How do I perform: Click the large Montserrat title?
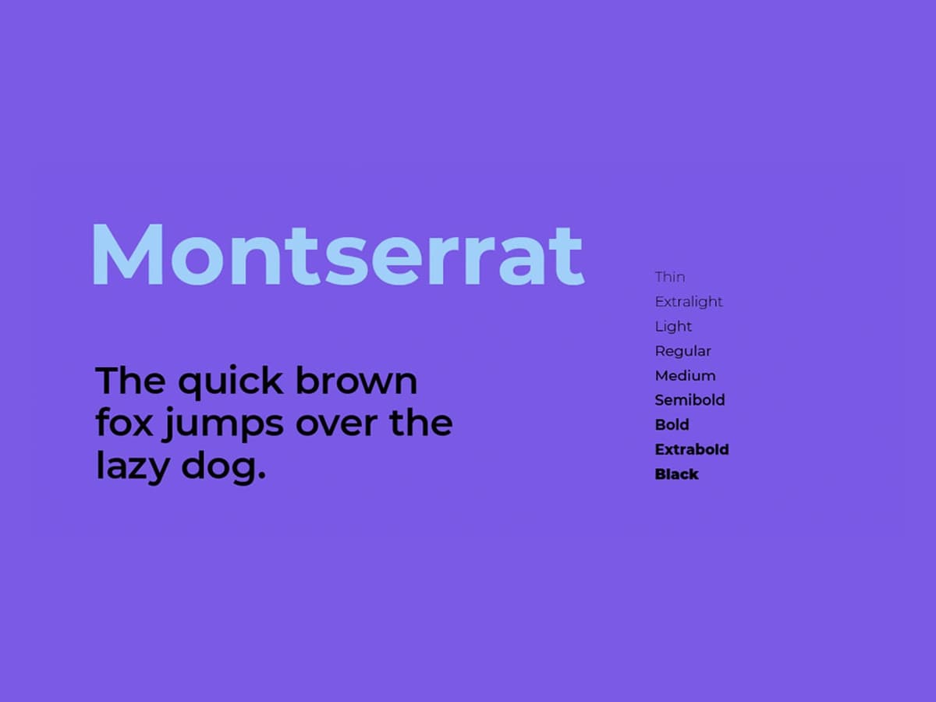coord(337,255)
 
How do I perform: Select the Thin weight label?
coord(670,277)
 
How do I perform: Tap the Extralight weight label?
coord(689,302)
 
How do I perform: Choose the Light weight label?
coord(673,327)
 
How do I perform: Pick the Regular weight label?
coord(682,352)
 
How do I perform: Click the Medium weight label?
coord(685,376)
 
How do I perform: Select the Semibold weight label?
coord(690,400)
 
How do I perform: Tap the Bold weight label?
coord(672,425)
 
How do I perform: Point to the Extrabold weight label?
coord(692,450)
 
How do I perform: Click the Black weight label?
coord(676,474)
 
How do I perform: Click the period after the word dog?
coord(261,476)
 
